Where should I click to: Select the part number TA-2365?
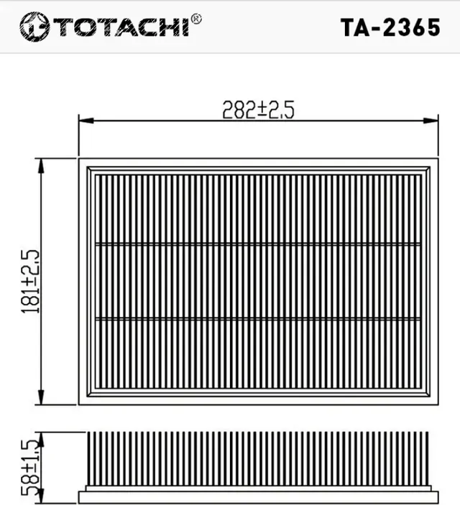[x=390, y=27]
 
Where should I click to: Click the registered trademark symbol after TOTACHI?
[x=196, y=19]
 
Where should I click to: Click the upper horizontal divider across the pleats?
[x=257, y=244]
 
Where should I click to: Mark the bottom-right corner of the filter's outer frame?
[x=437, y=404]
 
